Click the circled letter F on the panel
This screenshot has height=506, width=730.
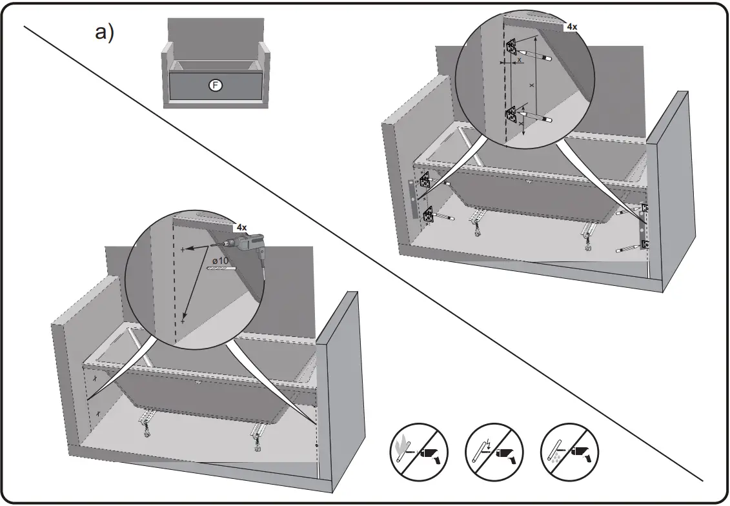point(216,85)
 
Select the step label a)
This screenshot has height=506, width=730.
point(104,33)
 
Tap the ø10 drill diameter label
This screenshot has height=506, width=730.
point(221,260)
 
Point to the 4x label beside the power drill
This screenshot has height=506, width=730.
point(241,227)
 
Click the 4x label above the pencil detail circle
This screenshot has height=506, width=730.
point(571,26)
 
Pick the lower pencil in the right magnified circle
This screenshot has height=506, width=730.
point(535,117)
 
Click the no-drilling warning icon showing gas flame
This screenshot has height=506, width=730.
point(419,451)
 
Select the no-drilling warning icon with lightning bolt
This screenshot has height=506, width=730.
point(494,451)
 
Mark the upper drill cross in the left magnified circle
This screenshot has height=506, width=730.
point(183,248)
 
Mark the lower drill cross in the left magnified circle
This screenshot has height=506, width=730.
point(183,320)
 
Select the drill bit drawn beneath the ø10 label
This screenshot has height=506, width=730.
point(221,268)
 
